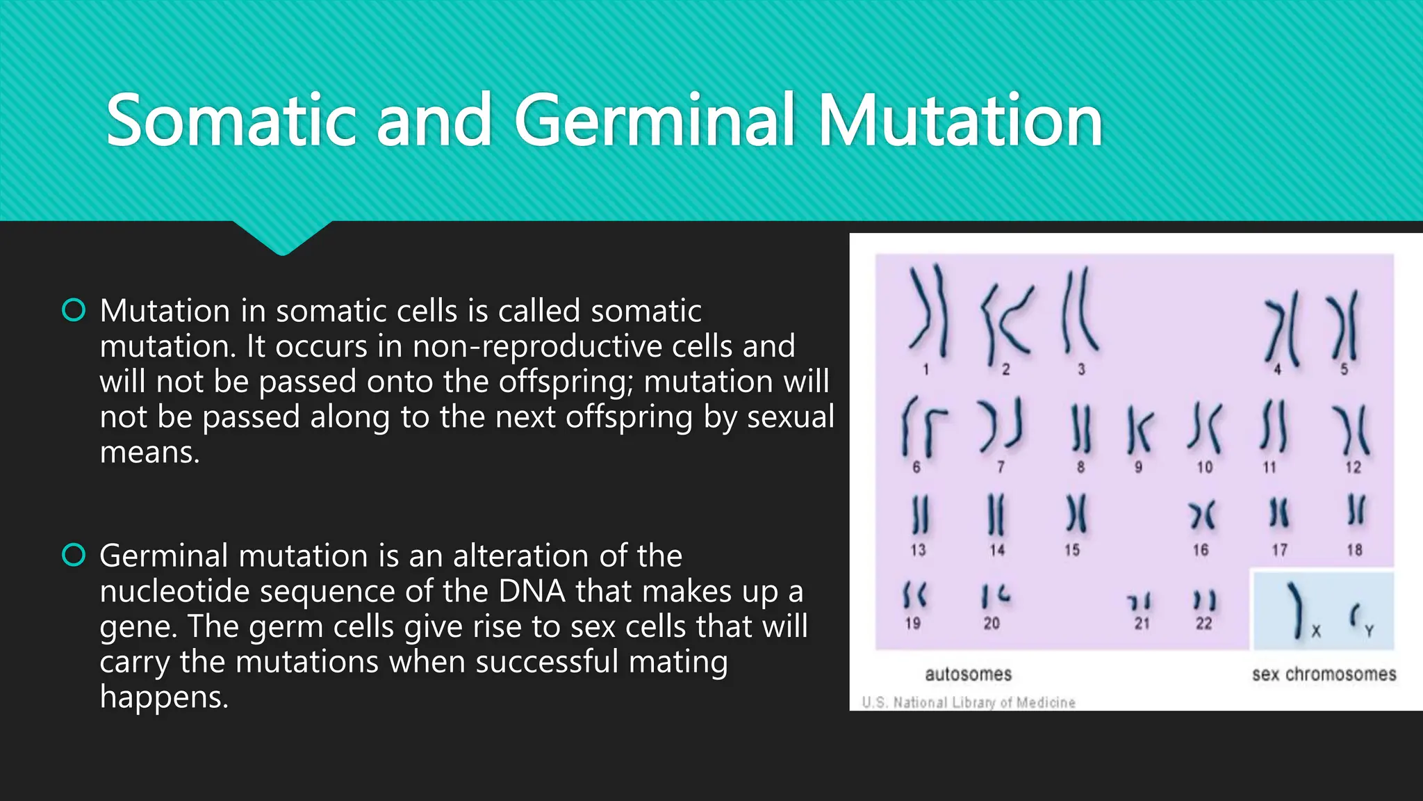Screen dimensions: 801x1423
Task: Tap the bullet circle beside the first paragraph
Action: [x=74, y=310]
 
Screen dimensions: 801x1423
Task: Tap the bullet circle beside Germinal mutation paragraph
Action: [x=74, y=555]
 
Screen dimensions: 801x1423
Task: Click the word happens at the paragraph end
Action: [x=163, y=697]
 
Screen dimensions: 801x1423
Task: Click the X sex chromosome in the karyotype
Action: [x=1296, y=610]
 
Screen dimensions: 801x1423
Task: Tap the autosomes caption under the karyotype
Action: [x=968, y=674]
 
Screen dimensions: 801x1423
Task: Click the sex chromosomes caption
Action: [x=1324, y=674]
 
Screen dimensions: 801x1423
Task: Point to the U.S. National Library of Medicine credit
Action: [x=968, y=702]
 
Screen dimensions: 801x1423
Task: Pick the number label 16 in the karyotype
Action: [x=1201, y=550]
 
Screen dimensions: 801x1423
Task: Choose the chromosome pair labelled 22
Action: [x=1204, y=600]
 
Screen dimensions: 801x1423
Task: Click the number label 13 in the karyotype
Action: [x=918, y=550]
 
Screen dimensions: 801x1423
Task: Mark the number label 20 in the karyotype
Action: [x=992, y=623]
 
